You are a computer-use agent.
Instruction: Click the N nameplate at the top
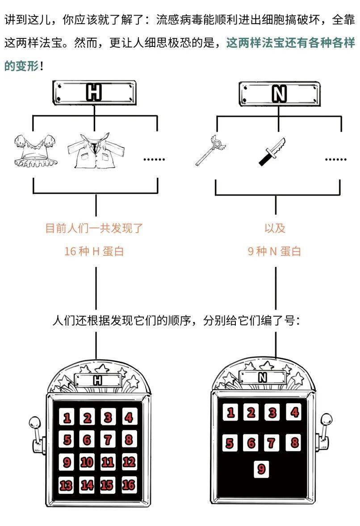pyautogui.click(x=279, y=93)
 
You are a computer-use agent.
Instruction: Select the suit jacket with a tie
pyautogui.click(x=92, y=150)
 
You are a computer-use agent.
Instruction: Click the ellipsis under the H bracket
pyautogui.click(x=154, y=159)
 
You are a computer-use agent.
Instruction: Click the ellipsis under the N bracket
pyautogui.click(x=335, y=159)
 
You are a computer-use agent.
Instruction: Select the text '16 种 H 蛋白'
pyautogui.click(x=94, y=251)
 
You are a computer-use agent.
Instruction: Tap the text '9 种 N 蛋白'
pyautogui.click(x=274, y=251)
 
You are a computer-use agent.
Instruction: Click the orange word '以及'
pyautogui.click(x=275, y=228)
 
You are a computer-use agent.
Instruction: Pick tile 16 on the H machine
pyautogui.click(x=129, y=485)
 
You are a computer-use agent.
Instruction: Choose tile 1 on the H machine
pyautogui.click(x=67, y=418)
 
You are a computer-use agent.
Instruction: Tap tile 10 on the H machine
pyautogui.click(x=87, y=462)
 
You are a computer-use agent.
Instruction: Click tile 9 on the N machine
pyautogui.click(x=262, y=469)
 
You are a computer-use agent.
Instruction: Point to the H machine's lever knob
pyautogui.click(x=34, y=421)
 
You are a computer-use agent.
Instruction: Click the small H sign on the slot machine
pyautogui.click(x=98, y=380)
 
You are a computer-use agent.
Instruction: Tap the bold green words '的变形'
pyautogui.click(x=21, y=66)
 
